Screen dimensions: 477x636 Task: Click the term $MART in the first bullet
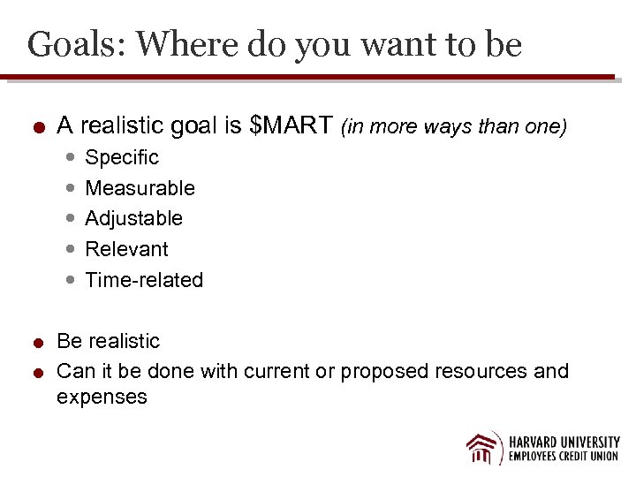click(292, 126)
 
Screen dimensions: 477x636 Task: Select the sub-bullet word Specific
click(122, 158)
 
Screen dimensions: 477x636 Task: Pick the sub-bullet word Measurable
click(140, 188)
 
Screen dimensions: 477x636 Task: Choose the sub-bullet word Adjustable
click(133, 218)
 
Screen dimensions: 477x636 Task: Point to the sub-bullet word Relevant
click(126, 249)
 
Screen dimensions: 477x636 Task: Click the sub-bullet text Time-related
click(144, 280)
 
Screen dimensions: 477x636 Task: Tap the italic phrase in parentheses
click(453, 127)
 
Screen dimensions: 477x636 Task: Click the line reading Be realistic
click(108, 341)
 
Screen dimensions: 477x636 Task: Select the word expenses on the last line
click(102, 397)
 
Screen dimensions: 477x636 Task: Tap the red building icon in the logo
click(484, 448)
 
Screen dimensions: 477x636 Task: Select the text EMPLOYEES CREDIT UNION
click(564, 457)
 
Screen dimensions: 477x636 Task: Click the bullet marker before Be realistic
click(39, 343)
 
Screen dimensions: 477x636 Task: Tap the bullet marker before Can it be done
click(39, 373)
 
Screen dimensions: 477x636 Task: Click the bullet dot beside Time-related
click(70, 281)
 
